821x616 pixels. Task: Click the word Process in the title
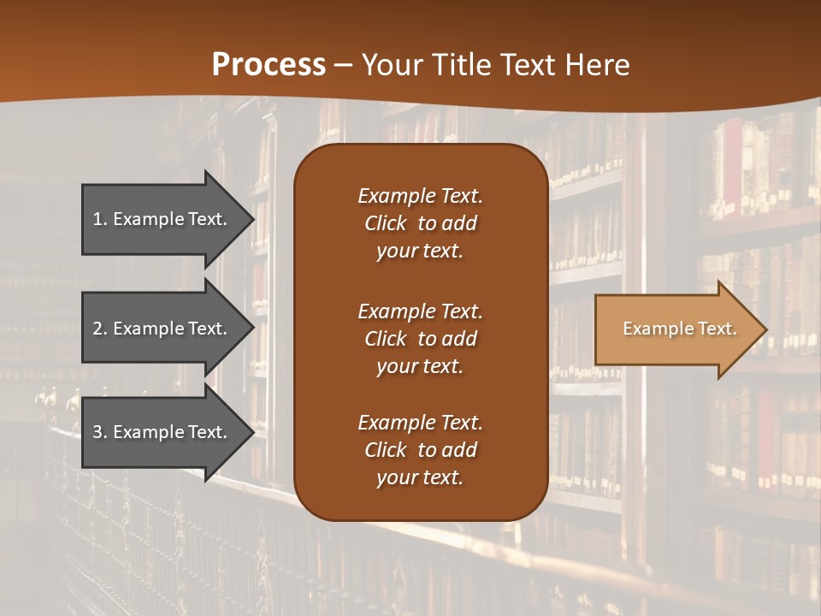(269, 65)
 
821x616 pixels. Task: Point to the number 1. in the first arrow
(100, 219)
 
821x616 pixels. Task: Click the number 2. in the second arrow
(100, 329)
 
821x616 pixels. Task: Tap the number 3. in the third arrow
(100, 432)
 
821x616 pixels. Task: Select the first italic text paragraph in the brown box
(420, 223)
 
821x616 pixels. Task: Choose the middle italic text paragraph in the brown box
(420, 338)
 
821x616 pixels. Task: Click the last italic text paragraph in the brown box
(420, 450)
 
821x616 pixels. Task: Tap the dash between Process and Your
(343, 65)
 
